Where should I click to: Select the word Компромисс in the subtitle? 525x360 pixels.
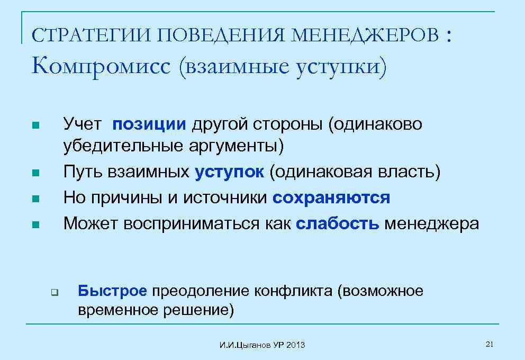[x=101, y=67]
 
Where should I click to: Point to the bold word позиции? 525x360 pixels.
[x=149, y=124]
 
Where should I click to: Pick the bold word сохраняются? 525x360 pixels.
[x=332, y=198]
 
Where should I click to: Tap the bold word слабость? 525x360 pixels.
[x=338, y=224]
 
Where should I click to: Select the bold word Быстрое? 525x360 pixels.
[x=112, y=291]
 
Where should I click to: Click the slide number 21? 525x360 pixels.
[x=489, y=345]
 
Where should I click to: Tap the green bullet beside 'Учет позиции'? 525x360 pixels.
[x=35, y=126]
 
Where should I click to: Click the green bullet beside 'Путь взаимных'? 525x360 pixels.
[x=35, y=173]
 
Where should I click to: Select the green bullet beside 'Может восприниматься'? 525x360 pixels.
[x=35, y=225]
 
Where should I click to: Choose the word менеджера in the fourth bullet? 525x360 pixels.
[x=431, y=224]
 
